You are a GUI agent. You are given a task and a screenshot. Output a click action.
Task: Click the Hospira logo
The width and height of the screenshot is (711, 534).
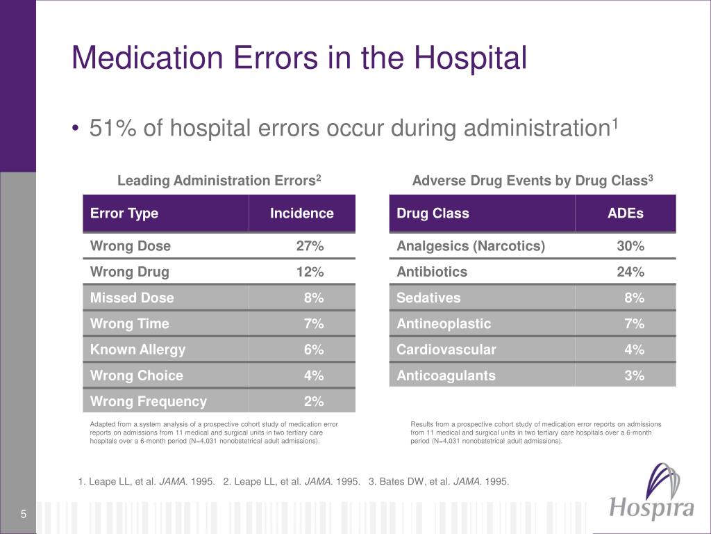651,492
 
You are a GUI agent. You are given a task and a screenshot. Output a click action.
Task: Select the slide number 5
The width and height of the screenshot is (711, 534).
23,514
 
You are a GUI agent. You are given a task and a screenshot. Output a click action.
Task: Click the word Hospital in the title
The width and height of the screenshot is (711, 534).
471,58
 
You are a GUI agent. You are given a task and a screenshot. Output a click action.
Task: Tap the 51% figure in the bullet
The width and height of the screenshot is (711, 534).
112,128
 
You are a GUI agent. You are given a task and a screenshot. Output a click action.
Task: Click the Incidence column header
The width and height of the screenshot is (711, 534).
301,213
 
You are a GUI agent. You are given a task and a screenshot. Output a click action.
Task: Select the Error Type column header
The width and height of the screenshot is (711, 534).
124,213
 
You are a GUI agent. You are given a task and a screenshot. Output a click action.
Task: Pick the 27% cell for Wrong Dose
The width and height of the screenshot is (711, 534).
310,245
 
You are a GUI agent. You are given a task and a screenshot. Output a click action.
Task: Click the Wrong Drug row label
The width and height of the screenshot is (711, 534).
130,272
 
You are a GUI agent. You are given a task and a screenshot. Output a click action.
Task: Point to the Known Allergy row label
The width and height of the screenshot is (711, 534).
138,350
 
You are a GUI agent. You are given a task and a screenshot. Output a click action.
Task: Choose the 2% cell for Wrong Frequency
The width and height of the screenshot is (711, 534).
314,401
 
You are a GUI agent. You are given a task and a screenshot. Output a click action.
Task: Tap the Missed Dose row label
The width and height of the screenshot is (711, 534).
132,298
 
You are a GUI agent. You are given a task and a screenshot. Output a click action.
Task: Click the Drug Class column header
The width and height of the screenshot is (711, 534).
433,213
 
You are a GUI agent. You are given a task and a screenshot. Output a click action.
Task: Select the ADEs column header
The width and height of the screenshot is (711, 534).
626,213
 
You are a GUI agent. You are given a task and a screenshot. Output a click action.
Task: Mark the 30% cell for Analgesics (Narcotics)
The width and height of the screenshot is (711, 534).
630,245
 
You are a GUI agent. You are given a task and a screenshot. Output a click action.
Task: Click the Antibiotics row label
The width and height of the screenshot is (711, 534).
432,272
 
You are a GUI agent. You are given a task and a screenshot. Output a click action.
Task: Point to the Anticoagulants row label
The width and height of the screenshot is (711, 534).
446,375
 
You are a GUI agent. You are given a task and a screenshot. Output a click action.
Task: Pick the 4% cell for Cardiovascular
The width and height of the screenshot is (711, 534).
634,350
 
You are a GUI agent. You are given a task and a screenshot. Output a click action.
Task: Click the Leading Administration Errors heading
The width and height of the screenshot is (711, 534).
219,180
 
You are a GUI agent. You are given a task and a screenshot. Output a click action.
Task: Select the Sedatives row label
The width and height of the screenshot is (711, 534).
428,298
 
